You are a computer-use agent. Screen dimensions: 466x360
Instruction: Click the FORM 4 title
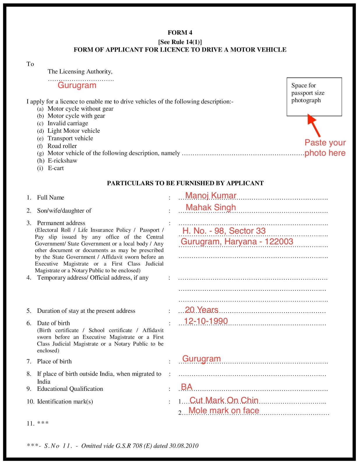(x=180, y=33)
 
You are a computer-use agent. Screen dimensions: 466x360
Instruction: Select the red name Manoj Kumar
(x=211, y=195)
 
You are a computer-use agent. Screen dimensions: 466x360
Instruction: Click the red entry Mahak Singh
(x=211, y=207)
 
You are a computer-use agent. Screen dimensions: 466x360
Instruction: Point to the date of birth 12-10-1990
(x=206, y=321)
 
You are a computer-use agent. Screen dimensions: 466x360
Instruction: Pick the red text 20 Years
(x=201, y=310)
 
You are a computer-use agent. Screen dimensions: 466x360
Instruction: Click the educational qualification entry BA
(x=186, y=387)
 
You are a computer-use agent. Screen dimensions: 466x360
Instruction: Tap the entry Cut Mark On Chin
(x=224, y=400)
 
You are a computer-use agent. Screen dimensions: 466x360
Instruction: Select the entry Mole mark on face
(x=224, y=410)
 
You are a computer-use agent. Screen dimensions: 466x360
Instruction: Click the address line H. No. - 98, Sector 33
(x=224, y=231)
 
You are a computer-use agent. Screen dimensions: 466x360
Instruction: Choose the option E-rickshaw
(x=62, y=161)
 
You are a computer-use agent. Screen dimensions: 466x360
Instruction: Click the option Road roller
(x=62, y=146)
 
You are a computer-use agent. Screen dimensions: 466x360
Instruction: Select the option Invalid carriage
(x=68, y=123)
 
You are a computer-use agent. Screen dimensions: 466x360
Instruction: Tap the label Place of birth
(x=54, y=361)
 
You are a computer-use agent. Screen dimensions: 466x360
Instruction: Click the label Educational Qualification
(x=70, y=389)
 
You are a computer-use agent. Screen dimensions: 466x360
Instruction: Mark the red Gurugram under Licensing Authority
(x=77, y=85)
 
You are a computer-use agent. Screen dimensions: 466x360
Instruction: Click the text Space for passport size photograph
(x=308, y=93)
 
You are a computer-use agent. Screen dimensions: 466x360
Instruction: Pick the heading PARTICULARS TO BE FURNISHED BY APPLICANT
(x=185, y=183)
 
